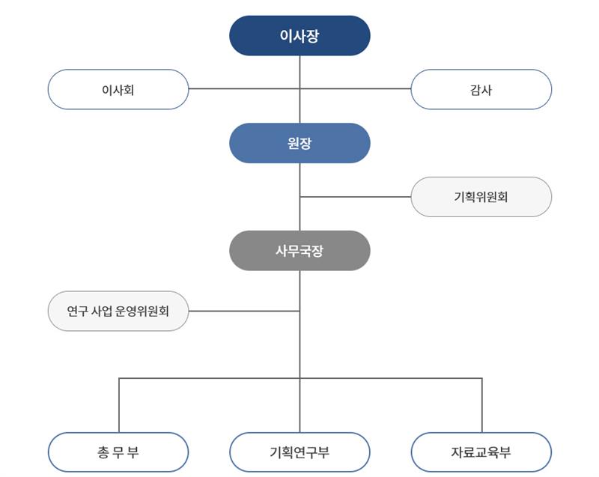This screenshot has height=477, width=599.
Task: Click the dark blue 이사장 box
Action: tap(299, 36)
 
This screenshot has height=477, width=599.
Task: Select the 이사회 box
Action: tap(118, 90)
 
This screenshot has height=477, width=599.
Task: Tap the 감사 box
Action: tap(481, 90)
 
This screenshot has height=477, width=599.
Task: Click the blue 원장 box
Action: tap(299, 143)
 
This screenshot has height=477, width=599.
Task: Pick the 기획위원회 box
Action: tap(481, 197)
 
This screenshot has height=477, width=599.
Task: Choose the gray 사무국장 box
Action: tap(299, 251)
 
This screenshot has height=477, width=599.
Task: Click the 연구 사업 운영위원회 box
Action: tap(118, 311)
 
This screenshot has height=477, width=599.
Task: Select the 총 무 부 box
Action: tap(118, 452)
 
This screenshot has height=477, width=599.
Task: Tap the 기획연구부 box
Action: tap(299, 452)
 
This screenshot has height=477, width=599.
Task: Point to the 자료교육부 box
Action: tap(481, 452)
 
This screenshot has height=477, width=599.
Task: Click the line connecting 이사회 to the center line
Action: tap(243, 89)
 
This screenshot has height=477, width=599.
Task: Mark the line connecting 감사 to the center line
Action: tap(356, 89)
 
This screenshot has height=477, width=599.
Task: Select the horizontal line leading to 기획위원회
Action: tap(356, 197)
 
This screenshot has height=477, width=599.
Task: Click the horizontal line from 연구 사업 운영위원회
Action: tap(243, 311)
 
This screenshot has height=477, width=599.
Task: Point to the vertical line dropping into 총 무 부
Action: tap(118, 404)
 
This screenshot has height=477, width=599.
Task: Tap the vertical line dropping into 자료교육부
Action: tap(481, 404)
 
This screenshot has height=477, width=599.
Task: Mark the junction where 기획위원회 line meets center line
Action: tap(299, 197)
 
